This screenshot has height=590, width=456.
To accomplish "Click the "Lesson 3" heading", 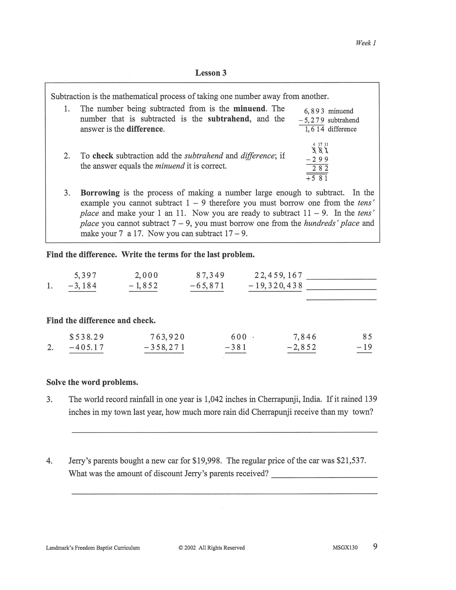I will pyautogui.click(x=211, y=73).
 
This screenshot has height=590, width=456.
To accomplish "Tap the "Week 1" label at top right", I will pyautogui.click(x=366, y=43).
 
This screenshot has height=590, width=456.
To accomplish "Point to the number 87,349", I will pyautogui.click(x=210, y=275).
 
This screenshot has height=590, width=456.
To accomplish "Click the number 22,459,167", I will pyautogui.click(x=278, y=275).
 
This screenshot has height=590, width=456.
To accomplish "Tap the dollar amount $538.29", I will pyautogui.click(x=87, y=337).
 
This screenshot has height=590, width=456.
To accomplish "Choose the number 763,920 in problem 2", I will pyautogui.click(x=167, y=337).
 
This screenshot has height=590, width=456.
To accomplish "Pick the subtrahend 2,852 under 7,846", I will pyautogui.click(x=304, y=347).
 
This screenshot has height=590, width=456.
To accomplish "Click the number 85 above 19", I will pyautogui.click(x=367, y=337).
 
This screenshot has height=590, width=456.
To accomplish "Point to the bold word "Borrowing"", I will pyautogui.click(x=100, y=193).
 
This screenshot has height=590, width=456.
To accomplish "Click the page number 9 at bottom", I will pyautogui.click(x=375, y=547).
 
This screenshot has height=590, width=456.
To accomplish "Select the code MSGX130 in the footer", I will pyautogui.click(x=345, y=548).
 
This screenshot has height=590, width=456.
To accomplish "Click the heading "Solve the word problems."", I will pyautogui.click(x=92, y=382).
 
